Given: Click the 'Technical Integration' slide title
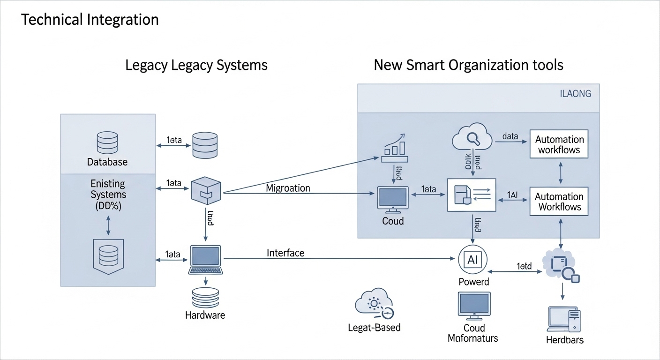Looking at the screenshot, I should tap(90, 20).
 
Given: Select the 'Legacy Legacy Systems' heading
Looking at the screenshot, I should tap(196, 65).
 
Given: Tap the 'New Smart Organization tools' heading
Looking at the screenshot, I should tap(468, 65).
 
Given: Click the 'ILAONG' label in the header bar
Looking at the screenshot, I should tap(576, 94).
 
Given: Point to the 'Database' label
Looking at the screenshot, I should tap(107, 162).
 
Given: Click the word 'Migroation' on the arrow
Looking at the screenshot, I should tap(288, 188).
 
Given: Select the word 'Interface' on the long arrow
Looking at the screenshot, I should tap(285, 253).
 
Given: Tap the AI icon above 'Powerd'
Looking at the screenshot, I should tap(472, 259).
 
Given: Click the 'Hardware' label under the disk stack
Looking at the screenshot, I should tap(205, 315).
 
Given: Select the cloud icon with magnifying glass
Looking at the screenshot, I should tap(472, 137).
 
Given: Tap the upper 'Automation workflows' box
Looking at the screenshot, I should tap(559, 145).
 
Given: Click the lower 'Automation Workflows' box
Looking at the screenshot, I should tap(559, 202).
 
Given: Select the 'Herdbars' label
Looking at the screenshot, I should tap(565, 340).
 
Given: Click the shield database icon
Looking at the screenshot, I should tap(108, 255).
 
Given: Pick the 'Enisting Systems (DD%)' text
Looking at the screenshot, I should tap(108, 194).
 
